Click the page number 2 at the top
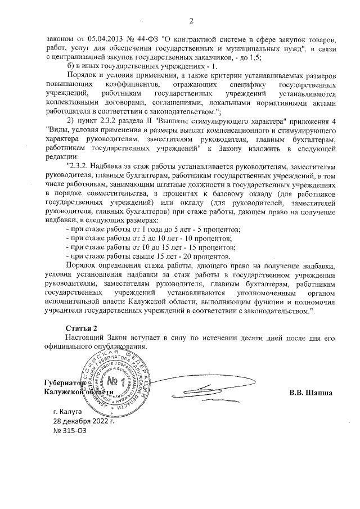coord(191,21)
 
